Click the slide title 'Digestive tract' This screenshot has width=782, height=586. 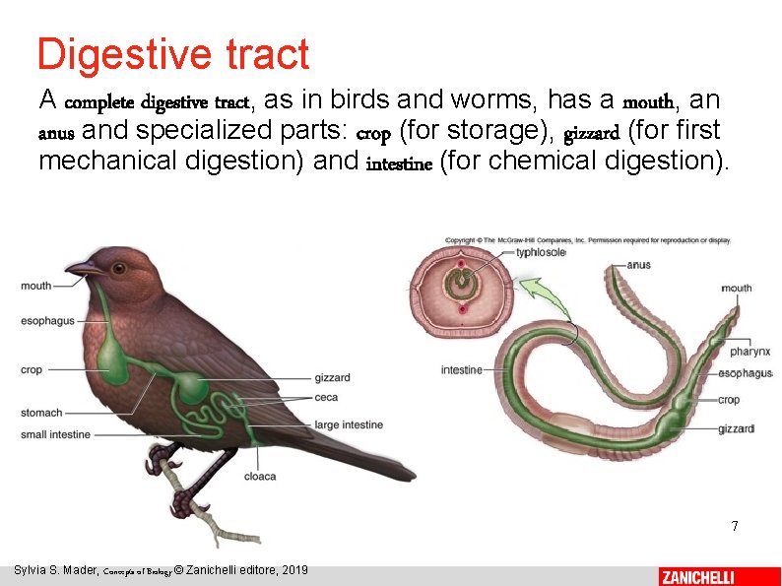[172, 54]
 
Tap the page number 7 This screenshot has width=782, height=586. [734, 526]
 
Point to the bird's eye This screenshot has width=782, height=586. [118, 268]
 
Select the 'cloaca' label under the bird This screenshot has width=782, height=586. [260, 477]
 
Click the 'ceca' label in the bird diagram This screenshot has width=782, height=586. [326, 398]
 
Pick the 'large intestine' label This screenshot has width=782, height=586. [349, 425]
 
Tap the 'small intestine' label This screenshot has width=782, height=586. [55, 434]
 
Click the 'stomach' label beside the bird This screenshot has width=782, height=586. [41, 413]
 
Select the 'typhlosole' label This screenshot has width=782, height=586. [541, 252]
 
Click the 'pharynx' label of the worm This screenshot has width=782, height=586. [749, 352]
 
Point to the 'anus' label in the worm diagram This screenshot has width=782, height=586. [638, 265]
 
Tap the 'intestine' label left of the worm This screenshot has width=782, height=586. [461, 370]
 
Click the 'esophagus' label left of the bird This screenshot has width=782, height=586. [47, 321]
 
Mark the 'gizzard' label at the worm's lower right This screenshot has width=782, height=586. [736, 428]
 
